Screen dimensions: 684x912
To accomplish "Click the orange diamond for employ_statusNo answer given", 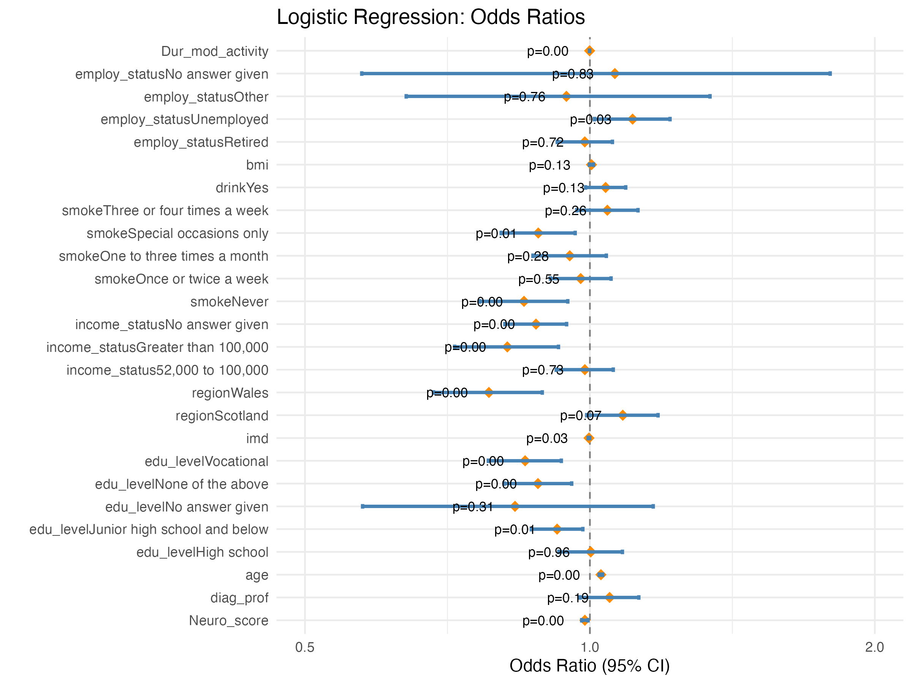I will click(615, 74).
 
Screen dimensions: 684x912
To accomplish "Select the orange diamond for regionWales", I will click(489, 393).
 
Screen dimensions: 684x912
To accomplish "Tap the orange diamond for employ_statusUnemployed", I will click(632, 120).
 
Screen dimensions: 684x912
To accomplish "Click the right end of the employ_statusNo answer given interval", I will click(830, 74).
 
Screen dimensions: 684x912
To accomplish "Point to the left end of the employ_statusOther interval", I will click(406, 97).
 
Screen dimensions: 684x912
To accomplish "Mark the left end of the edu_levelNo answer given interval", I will click(363, 506).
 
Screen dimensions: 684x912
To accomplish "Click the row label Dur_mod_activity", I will click(214, 51).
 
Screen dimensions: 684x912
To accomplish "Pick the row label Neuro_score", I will click(228, 621).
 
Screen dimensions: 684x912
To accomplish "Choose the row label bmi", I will click(257, 165).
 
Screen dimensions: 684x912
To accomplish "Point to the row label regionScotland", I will click(222, 416).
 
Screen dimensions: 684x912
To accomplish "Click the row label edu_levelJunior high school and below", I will click(149, 529).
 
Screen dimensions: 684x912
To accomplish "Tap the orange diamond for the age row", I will click(601, 575).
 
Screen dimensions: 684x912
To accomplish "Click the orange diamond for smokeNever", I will click(524, 301).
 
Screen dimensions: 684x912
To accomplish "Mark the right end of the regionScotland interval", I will click(658, 415).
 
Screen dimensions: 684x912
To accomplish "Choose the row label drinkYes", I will click(242, 188).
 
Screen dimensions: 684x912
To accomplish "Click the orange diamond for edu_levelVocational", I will click(525, 461).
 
